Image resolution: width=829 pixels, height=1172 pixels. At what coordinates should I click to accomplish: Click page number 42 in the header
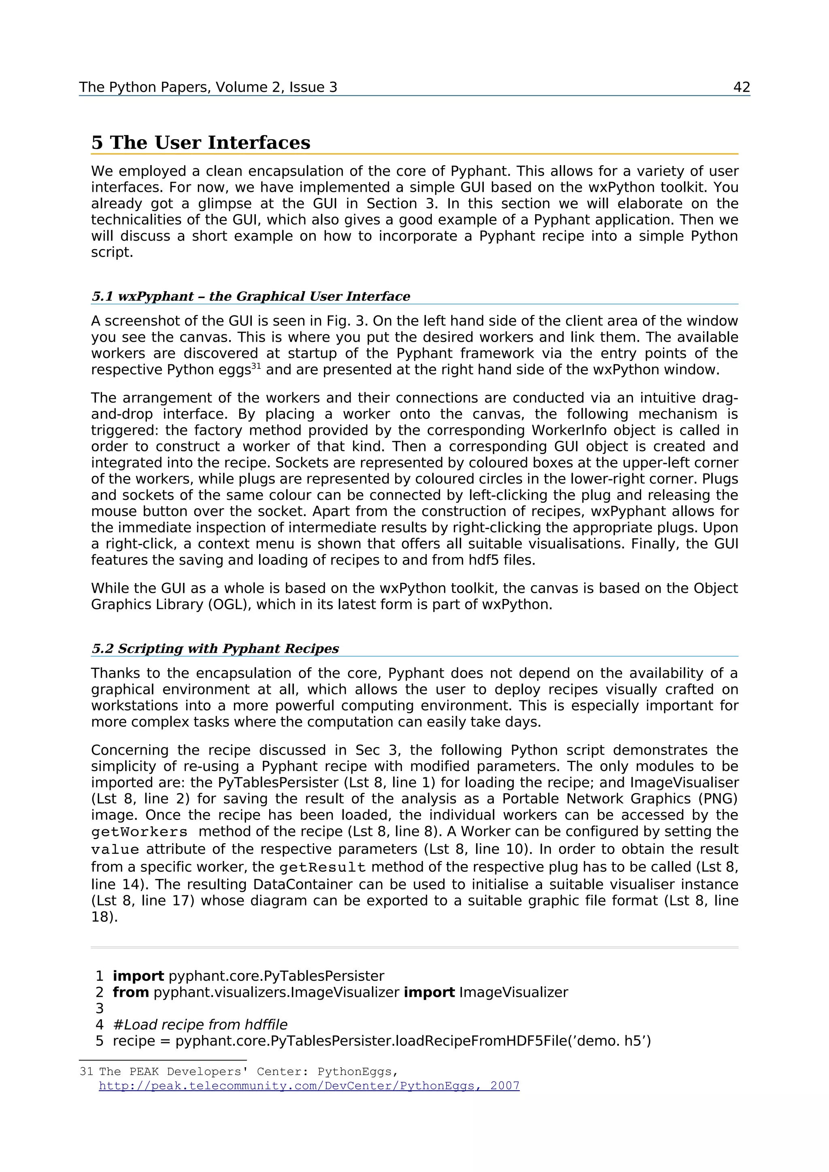click(741, 87)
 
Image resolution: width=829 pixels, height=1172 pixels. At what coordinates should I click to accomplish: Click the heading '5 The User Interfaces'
click(201, 142)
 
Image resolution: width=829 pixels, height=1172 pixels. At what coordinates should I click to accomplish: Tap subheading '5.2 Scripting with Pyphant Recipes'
click(215, 649)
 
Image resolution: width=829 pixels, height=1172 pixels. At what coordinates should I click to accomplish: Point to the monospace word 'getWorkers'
click(139, 832)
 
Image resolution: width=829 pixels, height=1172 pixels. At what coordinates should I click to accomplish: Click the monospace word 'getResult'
click(323, 867)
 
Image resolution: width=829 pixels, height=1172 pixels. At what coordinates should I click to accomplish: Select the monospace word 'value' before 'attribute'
click(115, 850)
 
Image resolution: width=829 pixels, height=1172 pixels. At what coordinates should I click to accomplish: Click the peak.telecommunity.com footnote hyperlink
click(309, 1086)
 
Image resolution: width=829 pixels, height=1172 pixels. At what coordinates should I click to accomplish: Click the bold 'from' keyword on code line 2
click(131, 992)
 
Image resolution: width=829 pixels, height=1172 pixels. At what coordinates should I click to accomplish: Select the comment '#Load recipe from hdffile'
click(200, 1024)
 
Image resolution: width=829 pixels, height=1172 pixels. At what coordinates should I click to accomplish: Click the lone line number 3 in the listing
click(100, 1009)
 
